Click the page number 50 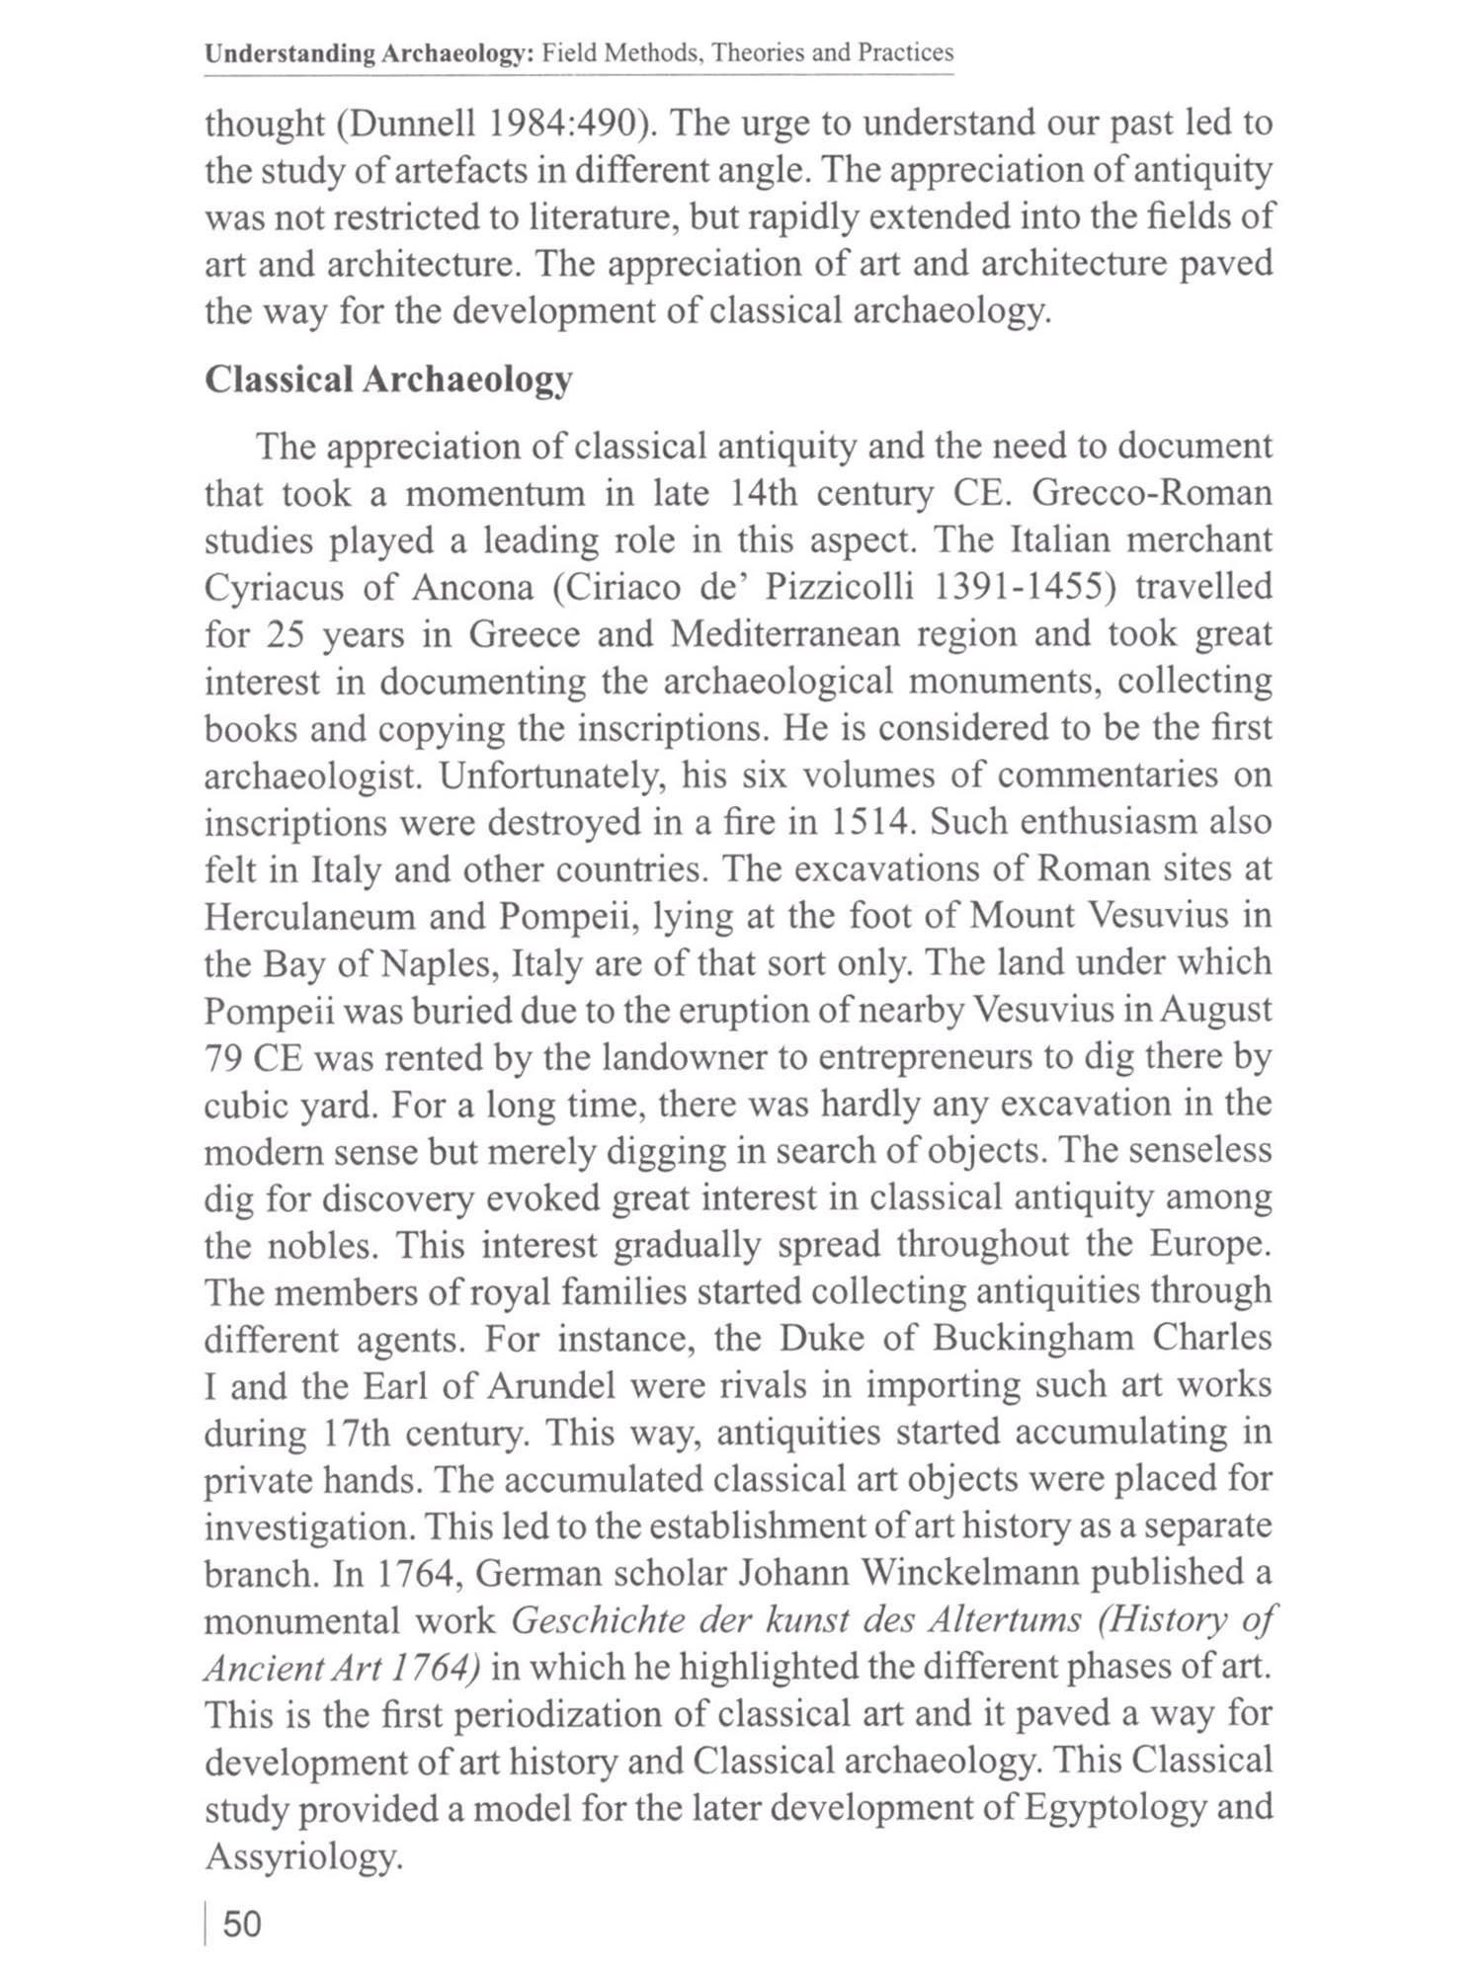click(x=242, y=1924)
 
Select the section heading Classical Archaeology click(x=388, y=380)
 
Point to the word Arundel click(x=550, y=1386)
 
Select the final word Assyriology click(x=303, y=1856)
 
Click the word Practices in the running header click(x=905, y=52)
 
